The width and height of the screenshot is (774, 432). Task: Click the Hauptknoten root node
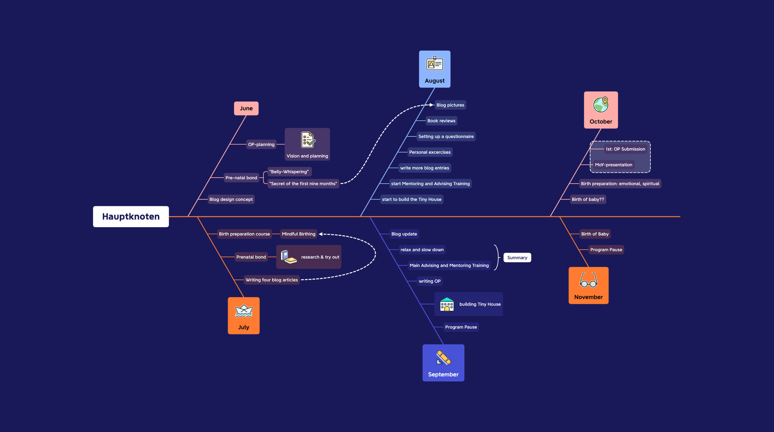tap(131, 216)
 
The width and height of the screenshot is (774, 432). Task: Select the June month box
tap(246, 108)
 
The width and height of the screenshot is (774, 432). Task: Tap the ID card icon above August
tap(434, 64)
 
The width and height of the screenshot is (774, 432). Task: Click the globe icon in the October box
tap(601, 105)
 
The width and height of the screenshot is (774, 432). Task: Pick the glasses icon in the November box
tap(588, 280)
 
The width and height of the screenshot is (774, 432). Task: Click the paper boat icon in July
tap(244, 311)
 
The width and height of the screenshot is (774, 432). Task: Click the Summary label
tap(517, 258)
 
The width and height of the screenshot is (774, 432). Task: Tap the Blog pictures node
tap(450, 105)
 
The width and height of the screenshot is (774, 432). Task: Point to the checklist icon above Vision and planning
tap(307, 140)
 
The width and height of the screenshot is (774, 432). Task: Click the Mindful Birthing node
tap(298, 234)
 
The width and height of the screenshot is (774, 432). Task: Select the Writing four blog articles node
tap(272, 280)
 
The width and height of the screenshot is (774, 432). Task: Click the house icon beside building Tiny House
tap(447, 304)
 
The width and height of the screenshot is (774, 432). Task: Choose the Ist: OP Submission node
tap(625, 149)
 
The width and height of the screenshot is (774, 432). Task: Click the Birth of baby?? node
tap(588, 199)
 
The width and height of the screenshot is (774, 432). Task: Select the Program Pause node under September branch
tap(461, 327)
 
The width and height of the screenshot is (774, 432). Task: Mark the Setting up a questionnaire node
tap(446, 137)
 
